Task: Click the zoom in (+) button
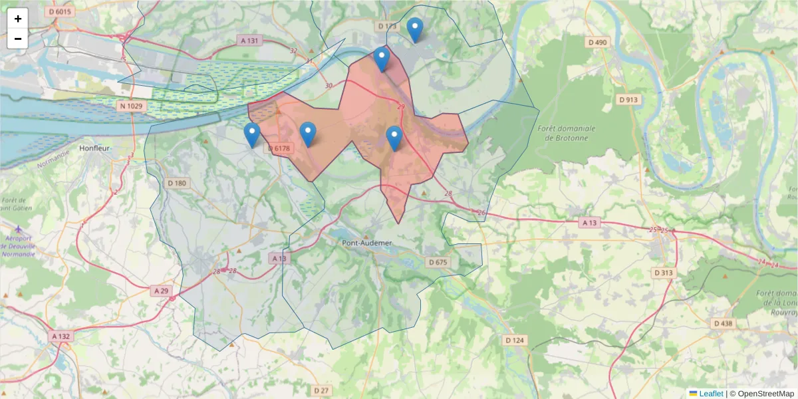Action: point(18,19)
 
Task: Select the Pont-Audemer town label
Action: point(367,243)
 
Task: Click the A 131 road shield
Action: point(249,41)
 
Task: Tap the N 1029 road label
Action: point(131,106)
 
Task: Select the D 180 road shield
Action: point(178,183)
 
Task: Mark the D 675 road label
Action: point(438,262)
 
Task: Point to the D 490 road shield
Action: point(598,43)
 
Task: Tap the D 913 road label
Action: point(628,100)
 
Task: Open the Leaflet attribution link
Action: point(710,394)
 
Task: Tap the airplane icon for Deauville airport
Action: point(17,230)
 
